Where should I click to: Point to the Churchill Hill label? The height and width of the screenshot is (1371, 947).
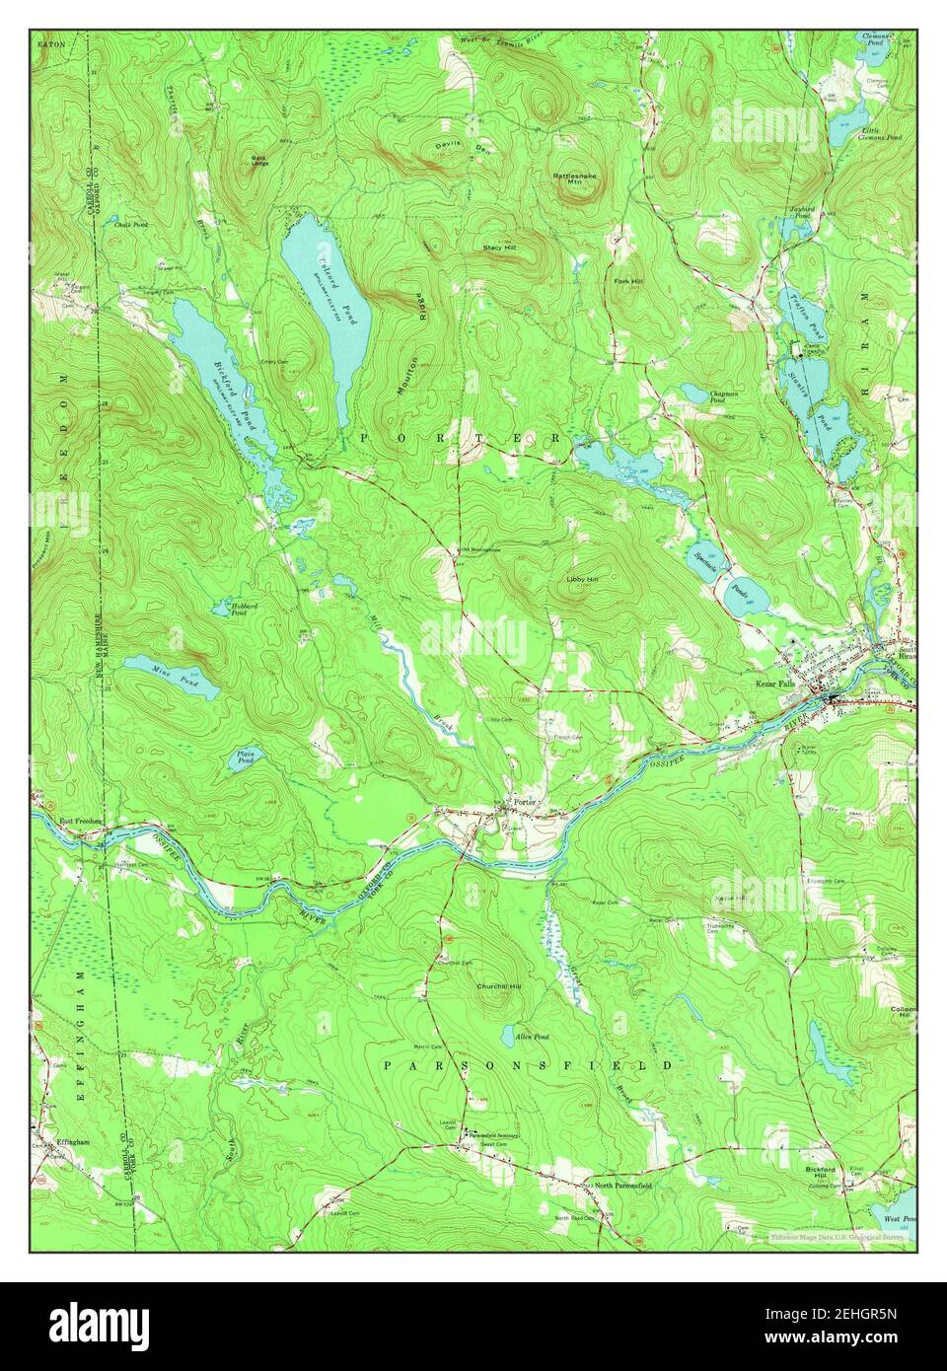497,986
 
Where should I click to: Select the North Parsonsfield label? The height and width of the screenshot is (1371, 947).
618,1184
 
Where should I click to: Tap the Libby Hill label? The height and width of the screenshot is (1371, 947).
582,579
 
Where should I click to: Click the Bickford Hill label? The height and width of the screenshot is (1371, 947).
819,1173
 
